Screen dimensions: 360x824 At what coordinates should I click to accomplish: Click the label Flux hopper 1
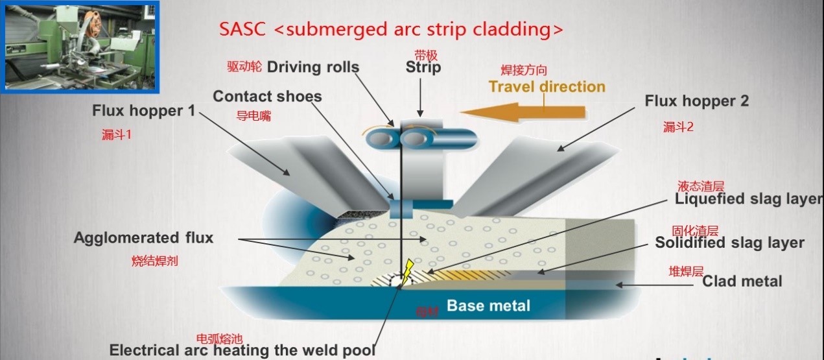point(143,111)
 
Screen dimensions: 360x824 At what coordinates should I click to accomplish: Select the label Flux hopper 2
point(697,101)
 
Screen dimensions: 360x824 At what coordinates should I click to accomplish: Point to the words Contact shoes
point(267,97)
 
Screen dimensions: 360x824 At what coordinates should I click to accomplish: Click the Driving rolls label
point(312,67)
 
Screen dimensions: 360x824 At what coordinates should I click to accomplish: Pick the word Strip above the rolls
point(423,67)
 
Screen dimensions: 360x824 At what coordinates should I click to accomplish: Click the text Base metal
point(488,306)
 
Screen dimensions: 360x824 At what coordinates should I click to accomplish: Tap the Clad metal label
point(742,282)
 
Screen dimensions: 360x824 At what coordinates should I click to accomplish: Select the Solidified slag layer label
point(729,243)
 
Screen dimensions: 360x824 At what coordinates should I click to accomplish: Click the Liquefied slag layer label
point(748,199)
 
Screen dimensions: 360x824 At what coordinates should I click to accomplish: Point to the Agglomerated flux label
point(143,237)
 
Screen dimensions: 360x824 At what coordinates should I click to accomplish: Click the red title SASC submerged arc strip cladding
point(391,29)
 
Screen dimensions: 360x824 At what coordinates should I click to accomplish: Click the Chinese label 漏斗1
point(117,135)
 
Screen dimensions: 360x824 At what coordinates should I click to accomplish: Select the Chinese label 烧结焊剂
point(154,261)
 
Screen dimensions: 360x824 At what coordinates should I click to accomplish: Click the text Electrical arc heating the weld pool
point(242,350)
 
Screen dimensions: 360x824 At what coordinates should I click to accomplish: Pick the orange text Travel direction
point(547,87)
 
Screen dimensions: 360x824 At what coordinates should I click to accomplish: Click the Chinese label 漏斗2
point(678,127)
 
